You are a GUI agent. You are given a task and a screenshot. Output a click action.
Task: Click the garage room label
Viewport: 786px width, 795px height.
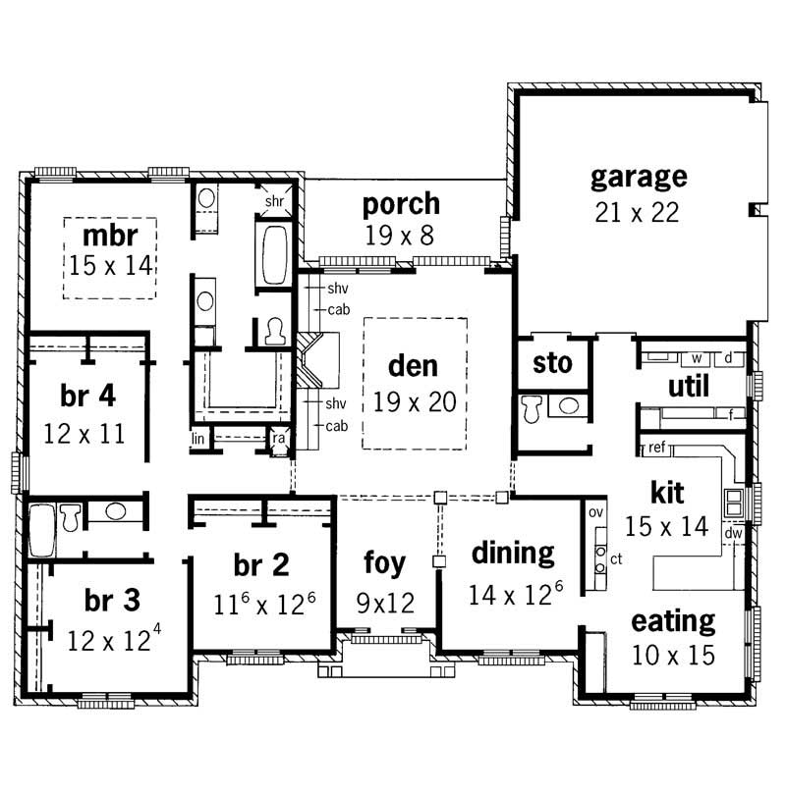coord(639,178)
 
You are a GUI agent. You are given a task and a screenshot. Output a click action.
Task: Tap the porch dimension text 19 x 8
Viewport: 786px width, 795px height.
coord(401,236)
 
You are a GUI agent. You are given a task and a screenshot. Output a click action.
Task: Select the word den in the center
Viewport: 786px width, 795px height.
coord(413,365)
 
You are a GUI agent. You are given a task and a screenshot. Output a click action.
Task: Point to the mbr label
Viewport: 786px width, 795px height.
coord(109,236)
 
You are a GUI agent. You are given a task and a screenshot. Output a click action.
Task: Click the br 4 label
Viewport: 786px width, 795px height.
coord(87,397)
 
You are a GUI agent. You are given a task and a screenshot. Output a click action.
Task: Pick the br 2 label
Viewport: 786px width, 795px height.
coord(261,566)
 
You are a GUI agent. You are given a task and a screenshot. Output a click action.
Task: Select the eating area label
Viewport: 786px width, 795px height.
coord(673,620)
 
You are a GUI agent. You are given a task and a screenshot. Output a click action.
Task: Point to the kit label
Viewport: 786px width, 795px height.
coord(666,491)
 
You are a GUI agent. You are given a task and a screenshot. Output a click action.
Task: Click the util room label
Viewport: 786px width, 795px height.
coord(689,387)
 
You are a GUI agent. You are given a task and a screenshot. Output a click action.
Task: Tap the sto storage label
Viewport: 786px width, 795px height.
coord(551,363)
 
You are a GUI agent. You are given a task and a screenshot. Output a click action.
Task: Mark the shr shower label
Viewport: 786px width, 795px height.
coord(274,201)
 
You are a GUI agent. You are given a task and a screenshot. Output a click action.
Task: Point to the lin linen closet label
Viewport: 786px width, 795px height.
coord(198,439)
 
